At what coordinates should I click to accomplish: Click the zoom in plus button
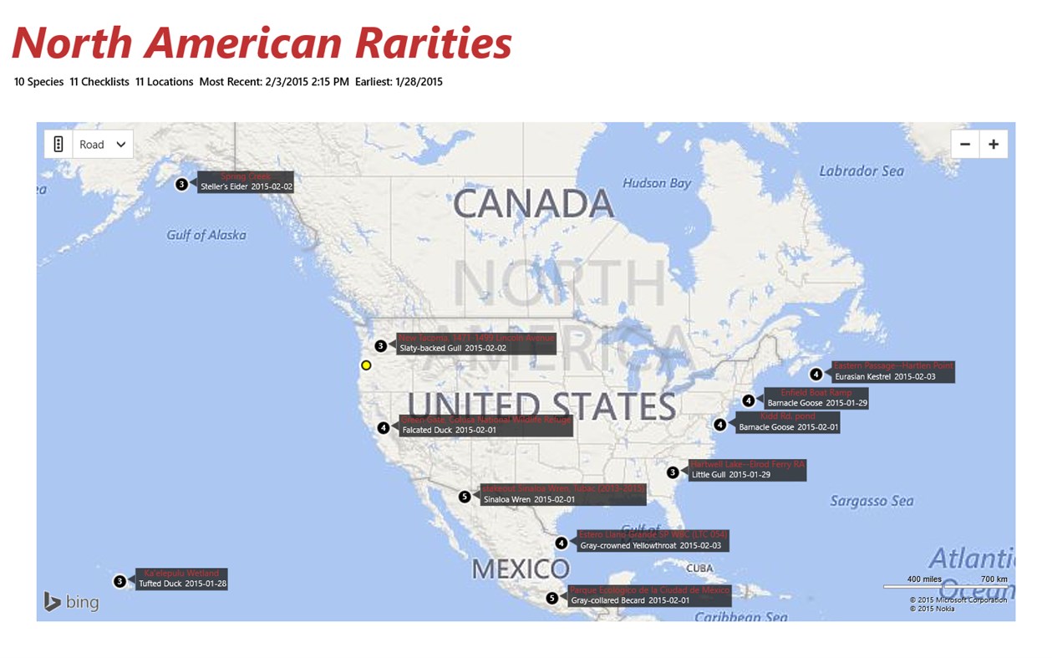[994, 144]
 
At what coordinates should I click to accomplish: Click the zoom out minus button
[965, 144]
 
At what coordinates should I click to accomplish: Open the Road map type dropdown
[103, 144]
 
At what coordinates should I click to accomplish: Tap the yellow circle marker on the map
[366, 365]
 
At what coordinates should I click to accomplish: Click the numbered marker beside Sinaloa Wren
[465, 497]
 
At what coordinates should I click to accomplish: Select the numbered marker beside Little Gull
[673, 472]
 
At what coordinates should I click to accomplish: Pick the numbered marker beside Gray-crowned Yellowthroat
[562, 543]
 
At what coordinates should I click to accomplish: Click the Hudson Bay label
[657, 183]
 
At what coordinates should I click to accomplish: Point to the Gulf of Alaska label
[206, 235]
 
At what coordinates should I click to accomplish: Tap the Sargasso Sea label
[872, 501]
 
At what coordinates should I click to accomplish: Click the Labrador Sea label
[861, 171]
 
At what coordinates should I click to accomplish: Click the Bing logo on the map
[72, 601]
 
